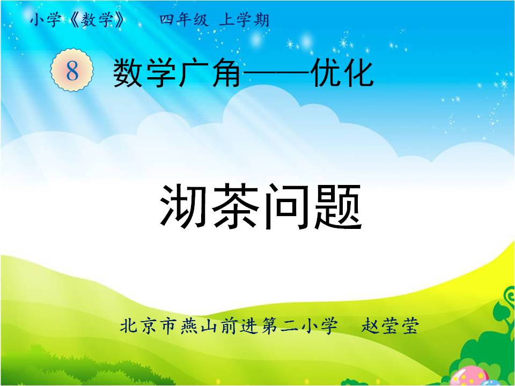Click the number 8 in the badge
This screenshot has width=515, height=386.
point(72,70)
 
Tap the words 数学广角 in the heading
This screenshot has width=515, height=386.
point(176,73)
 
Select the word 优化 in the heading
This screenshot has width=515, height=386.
point(343,73)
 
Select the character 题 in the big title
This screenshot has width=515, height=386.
point(338,206)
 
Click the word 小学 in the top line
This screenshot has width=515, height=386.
point(45,20)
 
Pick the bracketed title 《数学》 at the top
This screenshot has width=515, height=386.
point(98,20)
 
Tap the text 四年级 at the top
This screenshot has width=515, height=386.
point(184,20)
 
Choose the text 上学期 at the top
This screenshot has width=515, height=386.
point(245,20)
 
